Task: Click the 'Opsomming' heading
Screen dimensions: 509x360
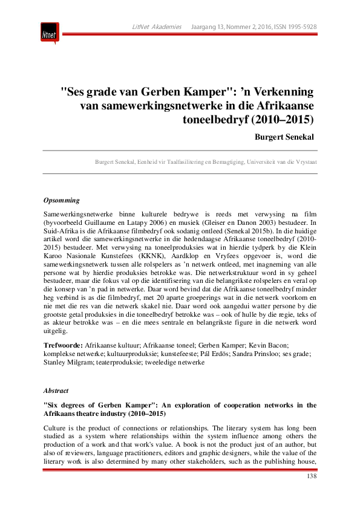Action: coord(62,200)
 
